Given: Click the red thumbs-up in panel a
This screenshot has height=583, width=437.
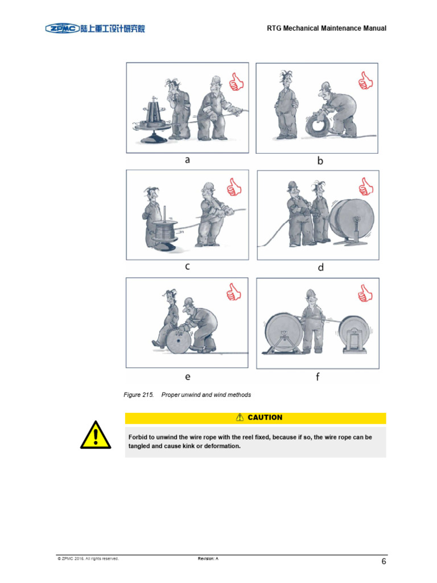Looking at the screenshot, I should point(236,83).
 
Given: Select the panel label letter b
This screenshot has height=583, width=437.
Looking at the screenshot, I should point(320,161).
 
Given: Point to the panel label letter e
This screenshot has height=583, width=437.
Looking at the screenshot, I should point(187,376).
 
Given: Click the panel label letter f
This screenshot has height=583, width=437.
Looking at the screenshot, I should point(318,376).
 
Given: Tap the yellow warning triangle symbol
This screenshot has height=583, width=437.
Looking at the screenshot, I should point(95,435).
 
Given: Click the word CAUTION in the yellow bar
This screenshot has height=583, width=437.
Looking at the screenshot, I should point(265,417).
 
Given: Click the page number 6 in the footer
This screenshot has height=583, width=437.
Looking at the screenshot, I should point(384,562).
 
